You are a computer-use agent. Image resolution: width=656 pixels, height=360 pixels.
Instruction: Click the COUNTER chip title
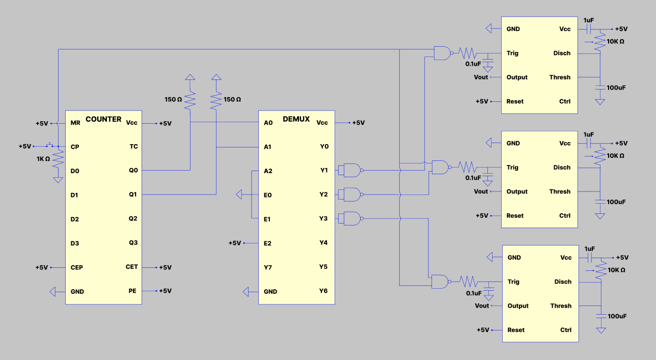[x=103, y=119]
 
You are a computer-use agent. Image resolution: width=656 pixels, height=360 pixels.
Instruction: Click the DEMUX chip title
[x=296, y=119]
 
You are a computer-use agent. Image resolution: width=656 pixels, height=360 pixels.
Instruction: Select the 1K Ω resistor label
[x=43, y=159]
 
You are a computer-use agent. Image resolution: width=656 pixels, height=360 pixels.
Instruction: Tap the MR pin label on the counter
[x=75, y=123]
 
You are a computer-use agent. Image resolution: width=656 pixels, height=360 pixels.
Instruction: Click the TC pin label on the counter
[x=133, y=147]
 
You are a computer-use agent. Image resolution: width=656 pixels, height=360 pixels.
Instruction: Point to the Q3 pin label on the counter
[x=133, y=243]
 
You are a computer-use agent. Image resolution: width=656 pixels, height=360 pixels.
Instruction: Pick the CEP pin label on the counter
[x=77, y=267]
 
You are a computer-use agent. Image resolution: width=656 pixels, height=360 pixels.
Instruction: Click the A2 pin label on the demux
[x=268, y=171]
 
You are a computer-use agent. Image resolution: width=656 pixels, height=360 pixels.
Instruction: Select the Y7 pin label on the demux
[x=268, y=267]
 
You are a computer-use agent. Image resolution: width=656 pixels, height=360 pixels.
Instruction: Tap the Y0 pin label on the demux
[x=324, y=147]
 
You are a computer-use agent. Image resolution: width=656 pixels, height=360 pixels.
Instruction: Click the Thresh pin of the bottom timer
[x=561, y=306]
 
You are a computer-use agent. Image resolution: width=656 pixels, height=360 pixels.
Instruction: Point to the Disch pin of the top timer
[x=562, y=53]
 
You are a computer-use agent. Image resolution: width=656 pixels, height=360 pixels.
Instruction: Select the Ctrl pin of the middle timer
[x=565, y=216]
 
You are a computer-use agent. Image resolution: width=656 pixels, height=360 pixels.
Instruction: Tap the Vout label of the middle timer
[x=481, y=192]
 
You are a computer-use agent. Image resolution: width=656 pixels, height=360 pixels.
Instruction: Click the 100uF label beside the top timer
[x=616, y=88]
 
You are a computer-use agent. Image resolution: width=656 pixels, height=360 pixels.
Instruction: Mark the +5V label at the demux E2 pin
[x=234, y=243]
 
